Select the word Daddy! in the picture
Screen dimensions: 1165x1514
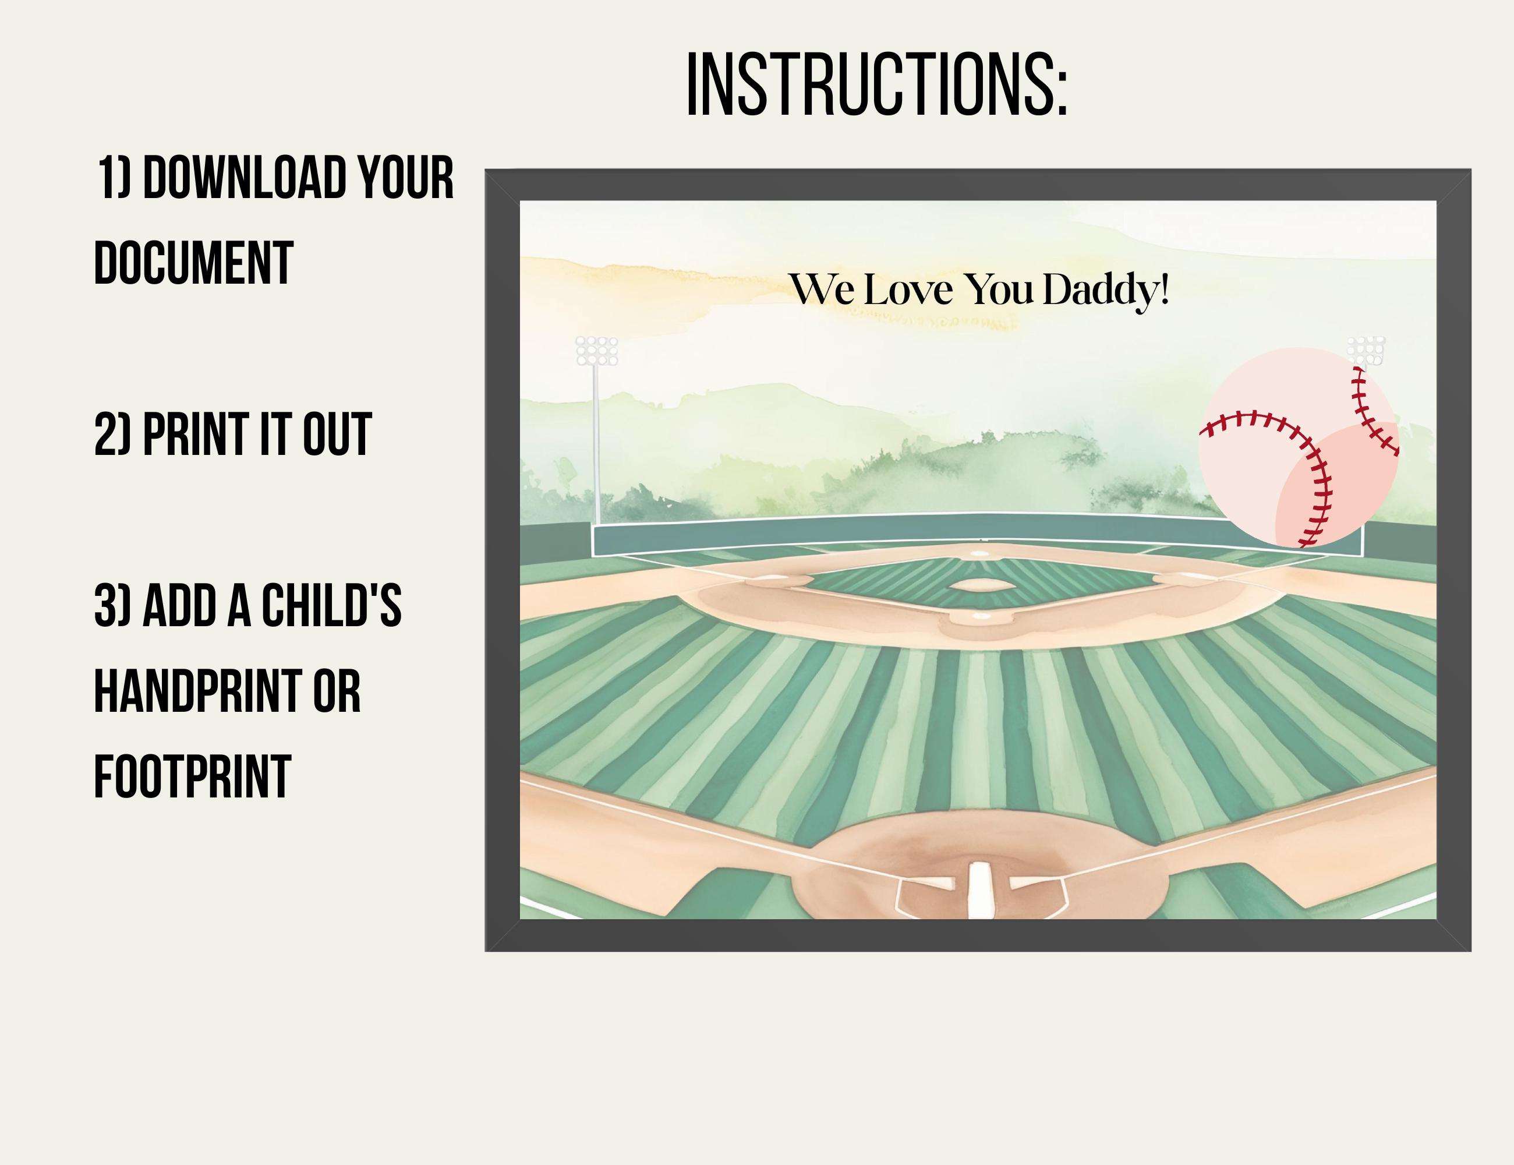coord(1106,290)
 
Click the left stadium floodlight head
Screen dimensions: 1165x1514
coord(596,351)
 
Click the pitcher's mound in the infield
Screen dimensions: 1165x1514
coord(981,585)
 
